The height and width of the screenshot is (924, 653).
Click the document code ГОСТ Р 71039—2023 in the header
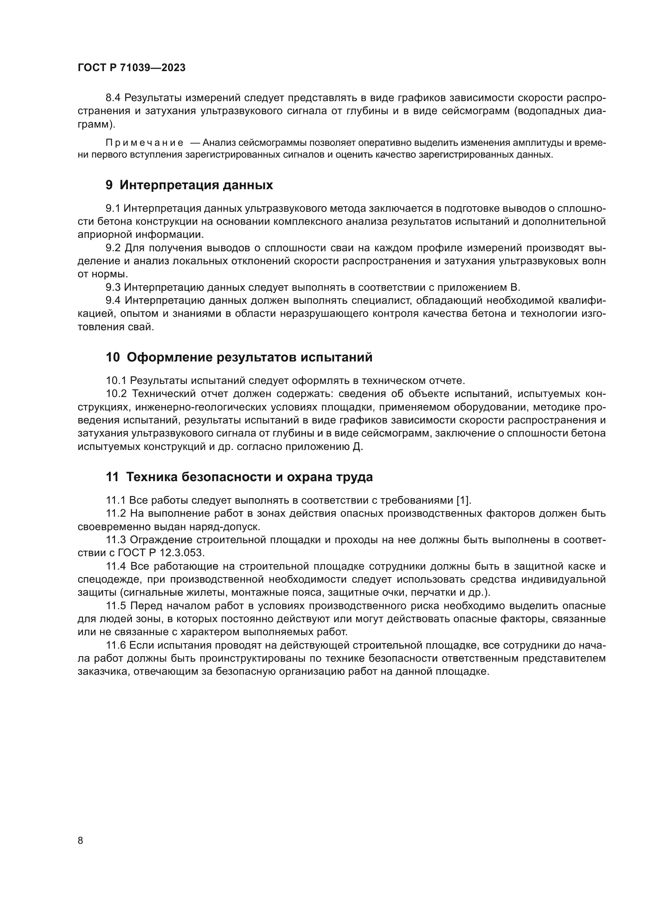coord(131,68)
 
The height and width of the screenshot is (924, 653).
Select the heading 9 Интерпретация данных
coord(190,185)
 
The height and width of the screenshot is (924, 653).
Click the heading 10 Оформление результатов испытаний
coord(239,358)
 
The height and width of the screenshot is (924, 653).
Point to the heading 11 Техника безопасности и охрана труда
coord(239,477)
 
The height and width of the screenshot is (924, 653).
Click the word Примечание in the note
coord(144,143)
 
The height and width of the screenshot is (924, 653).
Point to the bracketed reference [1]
coord(463,500)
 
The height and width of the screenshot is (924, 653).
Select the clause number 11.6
coord(116,645)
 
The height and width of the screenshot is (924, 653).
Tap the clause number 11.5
coord(116,606)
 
